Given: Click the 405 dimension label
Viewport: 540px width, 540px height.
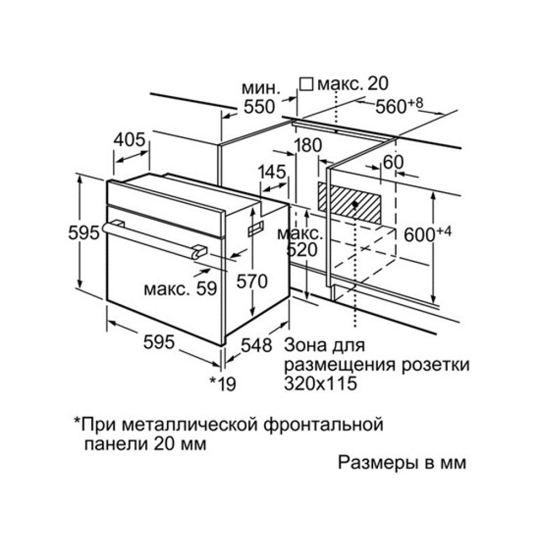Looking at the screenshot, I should click(130, 140).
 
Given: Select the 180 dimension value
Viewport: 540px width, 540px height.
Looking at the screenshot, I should click(308, 145).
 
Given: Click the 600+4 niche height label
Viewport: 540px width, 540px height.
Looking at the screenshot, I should click(427, 234).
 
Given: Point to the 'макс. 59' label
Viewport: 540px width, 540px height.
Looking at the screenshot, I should click(180, 289).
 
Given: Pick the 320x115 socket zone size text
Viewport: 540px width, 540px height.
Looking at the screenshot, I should click(321, 383).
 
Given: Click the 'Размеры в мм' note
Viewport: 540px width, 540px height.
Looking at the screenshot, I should click(401, 463).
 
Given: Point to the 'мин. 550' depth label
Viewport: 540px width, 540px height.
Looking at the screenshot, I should click(260, 97).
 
